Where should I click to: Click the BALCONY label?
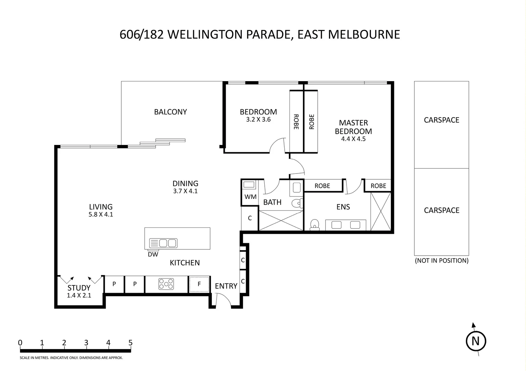click(x=171, y=112)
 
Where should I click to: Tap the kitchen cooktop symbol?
click(x=166, y=284)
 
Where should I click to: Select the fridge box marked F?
click(x=199, y=284)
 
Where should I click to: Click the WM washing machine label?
click(x=250, y=196)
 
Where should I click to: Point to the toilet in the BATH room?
click(x=297, y=203)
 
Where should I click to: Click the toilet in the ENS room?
click(x=315, y=225)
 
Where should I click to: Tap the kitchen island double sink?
click(x=163, y=243)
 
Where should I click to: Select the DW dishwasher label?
click(x=153, y=254)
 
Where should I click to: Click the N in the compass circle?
click(x=476, y=341)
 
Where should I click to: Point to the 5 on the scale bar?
click(x=131, y=343)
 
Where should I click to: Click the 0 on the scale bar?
click(x=20, y=343)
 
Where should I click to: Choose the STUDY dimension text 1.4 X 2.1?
click(x=79, y=295)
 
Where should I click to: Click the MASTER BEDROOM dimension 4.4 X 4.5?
click(x=353, y=139)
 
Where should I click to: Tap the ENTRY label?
click(x=226, y=286)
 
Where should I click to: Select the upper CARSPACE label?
click(x=441, y=120)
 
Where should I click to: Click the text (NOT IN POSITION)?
click(x=442, y=261)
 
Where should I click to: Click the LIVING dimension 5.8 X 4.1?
click(x=101, y=214)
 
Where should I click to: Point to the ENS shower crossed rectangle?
click(x=381, y=211)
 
